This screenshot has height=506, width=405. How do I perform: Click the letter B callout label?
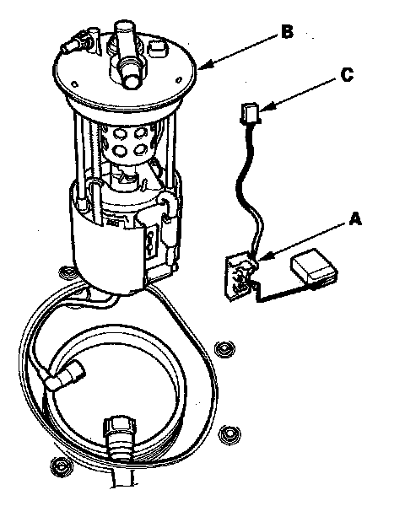pos(287,32)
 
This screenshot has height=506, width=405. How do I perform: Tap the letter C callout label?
pos(347,75)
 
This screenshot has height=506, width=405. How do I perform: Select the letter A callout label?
pos(354,219)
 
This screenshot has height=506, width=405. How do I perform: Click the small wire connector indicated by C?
pos(250,113)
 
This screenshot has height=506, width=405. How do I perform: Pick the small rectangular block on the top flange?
pos(158,49)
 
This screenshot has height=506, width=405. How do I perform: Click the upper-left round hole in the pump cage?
pos(120,133)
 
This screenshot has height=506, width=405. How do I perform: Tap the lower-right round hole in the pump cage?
pos(141,150)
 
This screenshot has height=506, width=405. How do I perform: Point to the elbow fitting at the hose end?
pos(65,375)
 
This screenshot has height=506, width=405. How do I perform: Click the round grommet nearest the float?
pos(224,349)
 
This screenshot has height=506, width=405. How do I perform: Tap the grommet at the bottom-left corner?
pos(61,466)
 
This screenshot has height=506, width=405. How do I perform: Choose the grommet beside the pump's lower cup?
pos(67,273)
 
